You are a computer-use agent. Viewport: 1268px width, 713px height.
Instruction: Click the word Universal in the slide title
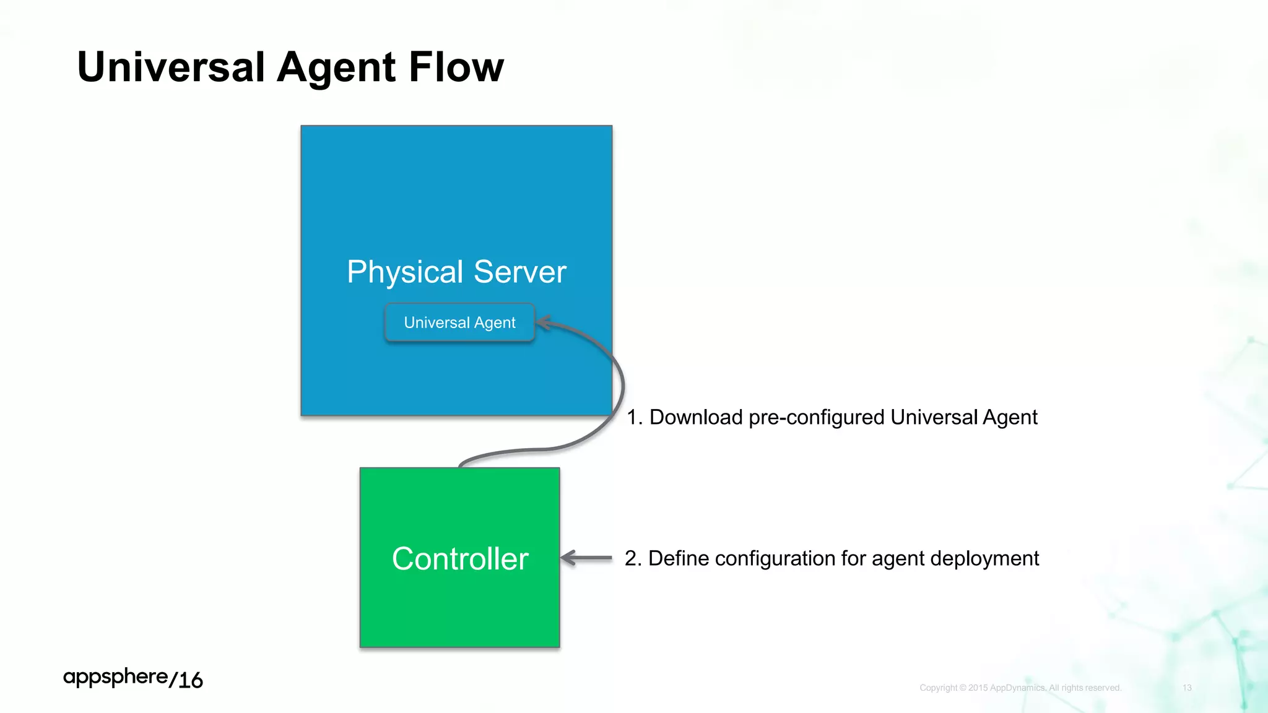pos(171,67)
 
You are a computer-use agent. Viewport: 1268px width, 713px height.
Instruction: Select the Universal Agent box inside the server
pos(459,322)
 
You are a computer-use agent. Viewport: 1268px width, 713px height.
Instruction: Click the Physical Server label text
pos(456,272)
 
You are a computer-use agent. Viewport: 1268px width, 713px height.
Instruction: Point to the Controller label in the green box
pos(460,559)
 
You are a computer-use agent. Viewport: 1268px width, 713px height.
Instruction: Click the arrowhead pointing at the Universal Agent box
pos(543,322)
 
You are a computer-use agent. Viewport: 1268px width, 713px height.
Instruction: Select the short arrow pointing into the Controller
pos(586,558)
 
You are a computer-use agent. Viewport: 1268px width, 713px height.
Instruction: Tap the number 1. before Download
pos(635,418)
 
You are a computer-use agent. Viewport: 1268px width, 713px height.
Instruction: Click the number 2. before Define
pos(633,558)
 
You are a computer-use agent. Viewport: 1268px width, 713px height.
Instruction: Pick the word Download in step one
pos(696,418)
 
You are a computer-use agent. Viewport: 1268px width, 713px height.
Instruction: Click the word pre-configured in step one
pos(816,418)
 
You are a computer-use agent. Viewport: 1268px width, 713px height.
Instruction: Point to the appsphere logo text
pos(115,677)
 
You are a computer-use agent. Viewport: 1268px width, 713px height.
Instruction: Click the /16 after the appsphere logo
pos(186,680)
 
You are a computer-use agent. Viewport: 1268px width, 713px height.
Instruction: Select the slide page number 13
pos(1187,688)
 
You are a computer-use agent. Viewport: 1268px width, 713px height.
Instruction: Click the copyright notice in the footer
pos(1020,688)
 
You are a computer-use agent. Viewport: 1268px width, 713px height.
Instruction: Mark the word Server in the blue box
pos(519,272)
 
